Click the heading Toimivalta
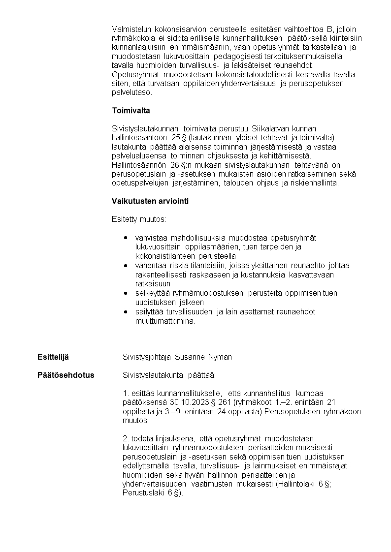130,110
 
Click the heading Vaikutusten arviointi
150,201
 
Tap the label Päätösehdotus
66,375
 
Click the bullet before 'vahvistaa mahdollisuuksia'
126,238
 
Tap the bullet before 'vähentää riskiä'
126,265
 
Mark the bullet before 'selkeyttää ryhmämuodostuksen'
126,293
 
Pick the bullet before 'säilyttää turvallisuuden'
126,311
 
